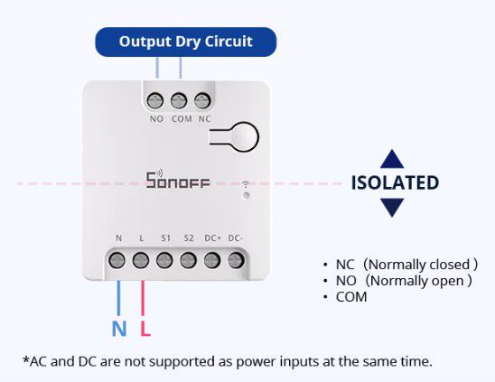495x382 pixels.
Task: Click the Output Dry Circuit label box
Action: pyautogui.click(x=185, y=42)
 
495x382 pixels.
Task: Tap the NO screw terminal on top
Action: pyautogui.click(x=156, y=99)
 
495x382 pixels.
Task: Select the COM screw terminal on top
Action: pyautogui.click(x=179, y=99)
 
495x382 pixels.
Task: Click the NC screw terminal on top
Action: pyautogui.click(x=202, y=99)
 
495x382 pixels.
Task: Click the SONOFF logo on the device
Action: pyautogui.click(x=177, y=180)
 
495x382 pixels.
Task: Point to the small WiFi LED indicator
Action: pyautogui.click(x=245, y=194)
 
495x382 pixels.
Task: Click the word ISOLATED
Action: pyautogui.click(x=395, y=183)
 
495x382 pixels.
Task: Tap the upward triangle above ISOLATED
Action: pyautogui.click(x=391, y=160)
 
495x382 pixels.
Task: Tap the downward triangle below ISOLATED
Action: pyautogui.click(x=391, y=208)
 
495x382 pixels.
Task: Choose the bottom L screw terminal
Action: pyautogui.click(x=141, y=260)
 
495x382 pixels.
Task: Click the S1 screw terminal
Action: pyautogui.click(x=164, y=260)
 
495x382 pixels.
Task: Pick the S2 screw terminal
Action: pyautogui.click(x=188, y=260)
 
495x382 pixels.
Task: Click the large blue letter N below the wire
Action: pyautogui.click(x=119, y=329)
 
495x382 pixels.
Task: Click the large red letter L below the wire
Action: pyautogui.click(x=145, y=329)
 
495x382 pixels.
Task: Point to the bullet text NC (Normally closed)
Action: pyautogui.click(x=406, y=265)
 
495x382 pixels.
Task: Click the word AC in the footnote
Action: pyautogui.click(x=36, y=361)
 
